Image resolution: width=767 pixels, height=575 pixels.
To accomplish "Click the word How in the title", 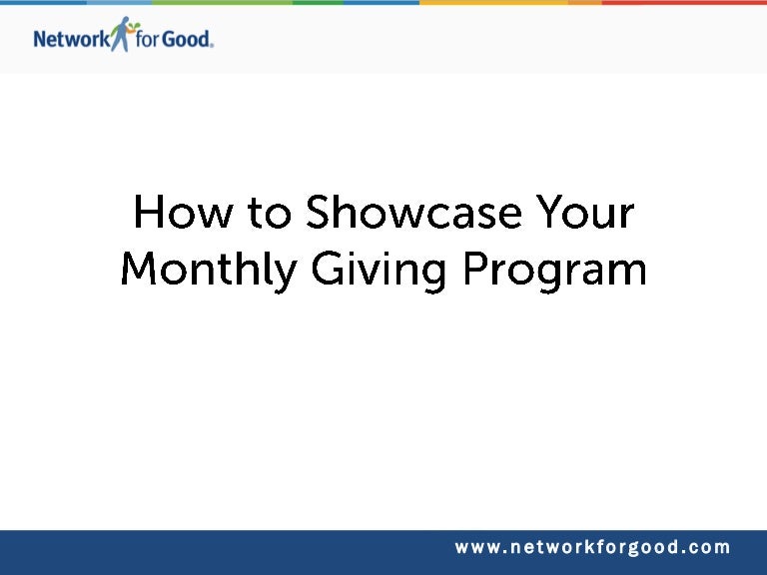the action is (x=183, y=212).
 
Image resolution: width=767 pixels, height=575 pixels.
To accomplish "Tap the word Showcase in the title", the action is (x=413, y=212).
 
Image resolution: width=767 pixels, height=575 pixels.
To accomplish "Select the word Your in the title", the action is (x=585, y=212).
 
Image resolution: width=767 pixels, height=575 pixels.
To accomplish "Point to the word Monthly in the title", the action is (x=210, y=271).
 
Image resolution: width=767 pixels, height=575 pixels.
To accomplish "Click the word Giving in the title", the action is (x=379, y=271).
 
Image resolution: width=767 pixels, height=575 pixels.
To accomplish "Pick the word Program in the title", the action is (x=554, y=272).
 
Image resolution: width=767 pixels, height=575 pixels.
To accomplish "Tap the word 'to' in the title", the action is (x=270, y=214).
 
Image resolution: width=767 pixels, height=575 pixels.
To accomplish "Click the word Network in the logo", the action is (x=72, y=39).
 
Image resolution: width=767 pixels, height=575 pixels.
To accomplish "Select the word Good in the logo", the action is (x=187, y=39).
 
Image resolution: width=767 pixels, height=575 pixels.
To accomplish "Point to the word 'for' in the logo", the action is (x=147, y=39).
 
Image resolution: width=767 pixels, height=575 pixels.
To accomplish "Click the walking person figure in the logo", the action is (x=121, y=34).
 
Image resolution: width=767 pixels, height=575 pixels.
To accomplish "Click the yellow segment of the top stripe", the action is (x=494, y=2).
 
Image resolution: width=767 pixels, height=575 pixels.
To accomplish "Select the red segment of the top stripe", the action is (x=684, y=2).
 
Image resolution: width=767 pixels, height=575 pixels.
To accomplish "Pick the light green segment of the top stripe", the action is (x=222, y=2).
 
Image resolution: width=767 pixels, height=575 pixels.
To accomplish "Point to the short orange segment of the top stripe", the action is (x=585, y=2).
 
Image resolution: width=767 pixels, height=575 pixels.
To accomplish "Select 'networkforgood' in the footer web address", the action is (x=593, y=548).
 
